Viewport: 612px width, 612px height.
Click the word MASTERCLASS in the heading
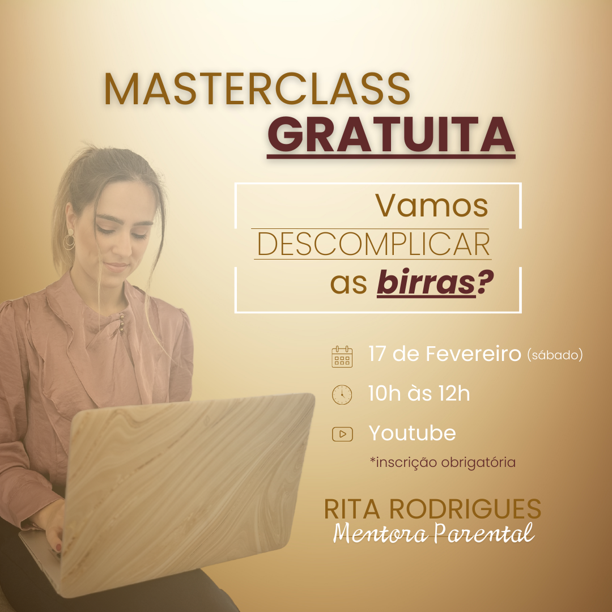pos(257,89)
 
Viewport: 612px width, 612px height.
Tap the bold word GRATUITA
pos(390,135)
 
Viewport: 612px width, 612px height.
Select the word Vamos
pos(432,206)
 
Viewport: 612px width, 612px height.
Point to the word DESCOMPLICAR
pos(373,244)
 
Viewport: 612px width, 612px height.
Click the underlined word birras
pos(426,282)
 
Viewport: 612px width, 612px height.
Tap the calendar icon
pos(342,357)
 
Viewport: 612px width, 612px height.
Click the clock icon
pos(342,394)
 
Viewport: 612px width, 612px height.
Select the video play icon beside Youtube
pos(342,434)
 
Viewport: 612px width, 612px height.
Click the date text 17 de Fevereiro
pos(445,354)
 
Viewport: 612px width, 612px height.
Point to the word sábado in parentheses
pos(555,355)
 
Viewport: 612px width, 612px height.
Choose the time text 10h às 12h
pos(419,393)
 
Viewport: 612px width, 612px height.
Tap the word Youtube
pos(412,433)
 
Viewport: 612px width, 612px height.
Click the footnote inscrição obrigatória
pos(443,462)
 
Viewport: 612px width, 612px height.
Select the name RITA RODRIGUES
pos(432,509)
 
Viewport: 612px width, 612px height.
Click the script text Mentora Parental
pos(434,532)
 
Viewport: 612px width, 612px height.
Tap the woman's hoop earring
pos(70,239)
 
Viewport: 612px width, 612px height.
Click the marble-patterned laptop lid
pos(188,492)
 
